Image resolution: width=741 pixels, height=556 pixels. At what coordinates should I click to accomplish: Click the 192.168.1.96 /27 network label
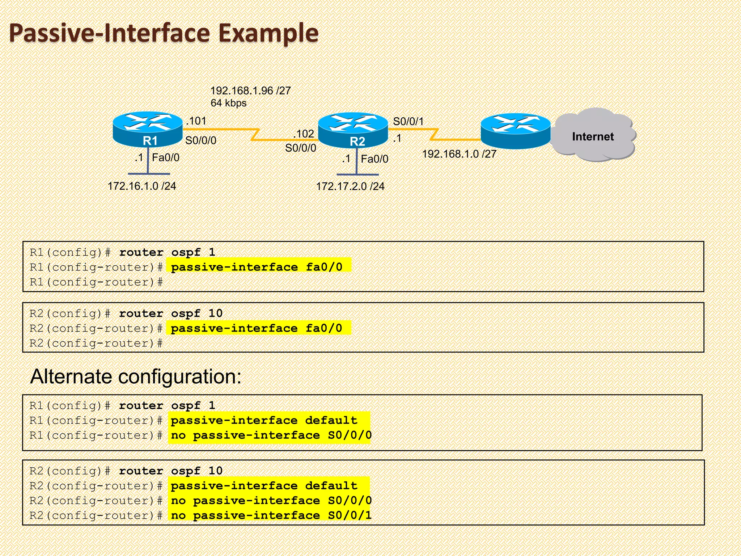pyautogui.click(x=250, y=90)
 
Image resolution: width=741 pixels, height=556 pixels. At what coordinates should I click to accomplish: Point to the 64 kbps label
pyautogui.click(x=228, y=103)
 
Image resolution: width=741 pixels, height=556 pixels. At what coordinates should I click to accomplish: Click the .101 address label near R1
pyautogui.click(x=196, y=121)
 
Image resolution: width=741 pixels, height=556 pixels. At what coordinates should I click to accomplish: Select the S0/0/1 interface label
pyautogui.click(x=408, y=122)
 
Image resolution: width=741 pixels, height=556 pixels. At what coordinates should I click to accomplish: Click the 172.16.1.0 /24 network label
pyautogui.click(x=142, y=186)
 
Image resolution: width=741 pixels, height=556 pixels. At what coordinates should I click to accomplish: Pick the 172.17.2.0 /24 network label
pyautogui.click(x=350, y=186)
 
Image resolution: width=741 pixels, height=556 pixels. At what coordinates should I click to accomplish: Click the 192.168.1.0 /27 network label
pyautogui.click(x=459, y=154)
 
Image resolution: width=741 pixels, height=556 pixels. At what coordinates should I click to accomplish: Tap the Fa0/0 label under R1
pyautogui.click(x=165, y=158)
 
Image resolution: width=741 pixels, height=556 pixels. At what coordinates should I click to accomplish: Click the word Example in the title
pyautogui.click(x=268, y=33)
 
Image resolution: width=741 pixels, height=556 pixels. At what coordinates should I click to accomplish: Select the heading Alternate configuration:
pyautogui.click(x=136, y=376)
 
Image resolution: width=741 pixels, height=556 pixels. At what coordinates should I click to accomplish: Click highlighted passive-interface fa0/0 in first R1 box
pyautogui.click(x=257, y=267)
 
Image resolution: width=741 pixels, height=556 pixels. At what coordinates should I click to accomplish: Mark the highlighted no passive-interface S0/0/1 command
pyautogui.click(x=271, y=515)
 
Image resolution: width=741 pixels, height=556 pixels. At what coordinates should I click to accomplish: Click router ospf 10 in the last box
pyautogui.click(x=171, y=471)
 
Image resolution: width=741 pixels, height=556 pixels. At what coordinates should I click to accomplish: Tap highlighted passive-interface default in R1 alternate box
pyautogui.click(x=264, y=421)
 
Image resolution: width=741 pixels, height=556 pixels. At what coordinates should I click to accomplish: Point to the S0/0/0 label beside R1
pyautogui.click(x=201, y=140)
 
